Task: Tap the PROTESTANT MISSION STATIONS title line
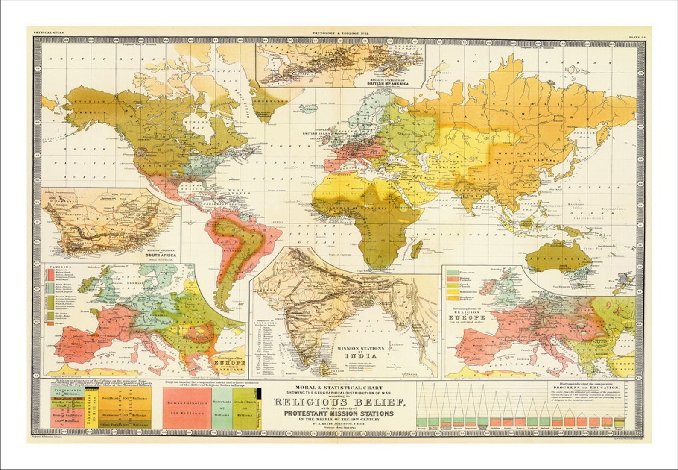(x=339, y=414)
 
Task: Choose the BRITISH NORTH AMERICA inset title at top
(x=388, y=83)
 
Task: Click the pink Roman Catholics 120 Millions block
(x=187, y=408)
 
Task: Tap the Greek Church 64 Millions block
(x=244, y=408)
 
